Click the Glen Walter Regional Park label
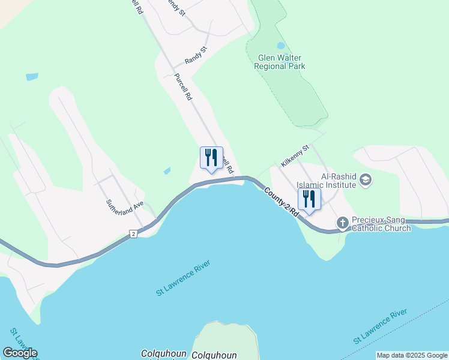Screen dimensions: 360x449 point(282,62)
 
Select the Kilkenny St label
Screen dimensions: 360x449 point(294,155)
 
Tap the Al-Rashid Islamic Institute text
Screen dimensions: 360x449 point(339,181)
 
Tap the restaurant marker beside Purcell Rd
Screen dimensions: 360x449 point(211,158)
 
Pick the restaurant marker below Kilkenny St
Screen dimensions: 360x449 point(310,199)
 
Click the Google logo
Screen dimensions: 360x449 point(20,353)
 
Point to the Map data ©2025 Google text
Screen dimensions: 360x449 point(412,355)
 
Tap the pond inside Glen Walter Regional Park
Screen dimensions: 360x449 point(281,46)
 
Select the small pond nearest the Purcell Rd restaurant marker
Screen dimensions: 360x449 point(167,171)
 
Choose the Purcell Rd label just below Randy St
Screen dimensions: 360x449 point(182,87)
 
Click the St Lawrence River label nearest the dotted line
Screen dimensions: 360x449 point(381,327)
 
